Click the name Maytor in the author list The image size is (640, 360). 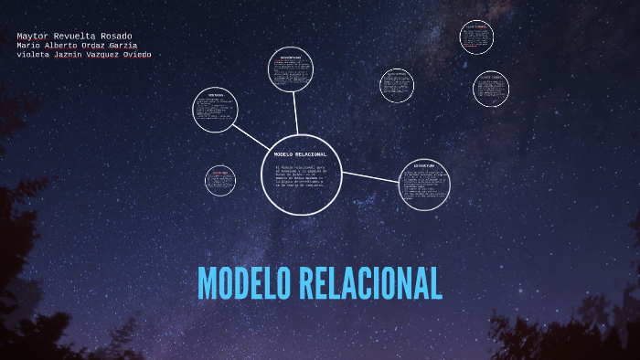pos(33,37)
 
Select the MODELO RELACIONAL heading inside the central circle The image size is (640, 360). pos(301,154)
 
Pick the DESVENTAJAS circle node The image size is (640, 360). pos(291,69)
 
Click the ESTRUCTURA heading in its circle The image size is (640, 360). pos(424,166)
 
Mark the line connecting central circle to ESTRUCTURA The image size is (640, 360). pos(370,177)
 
